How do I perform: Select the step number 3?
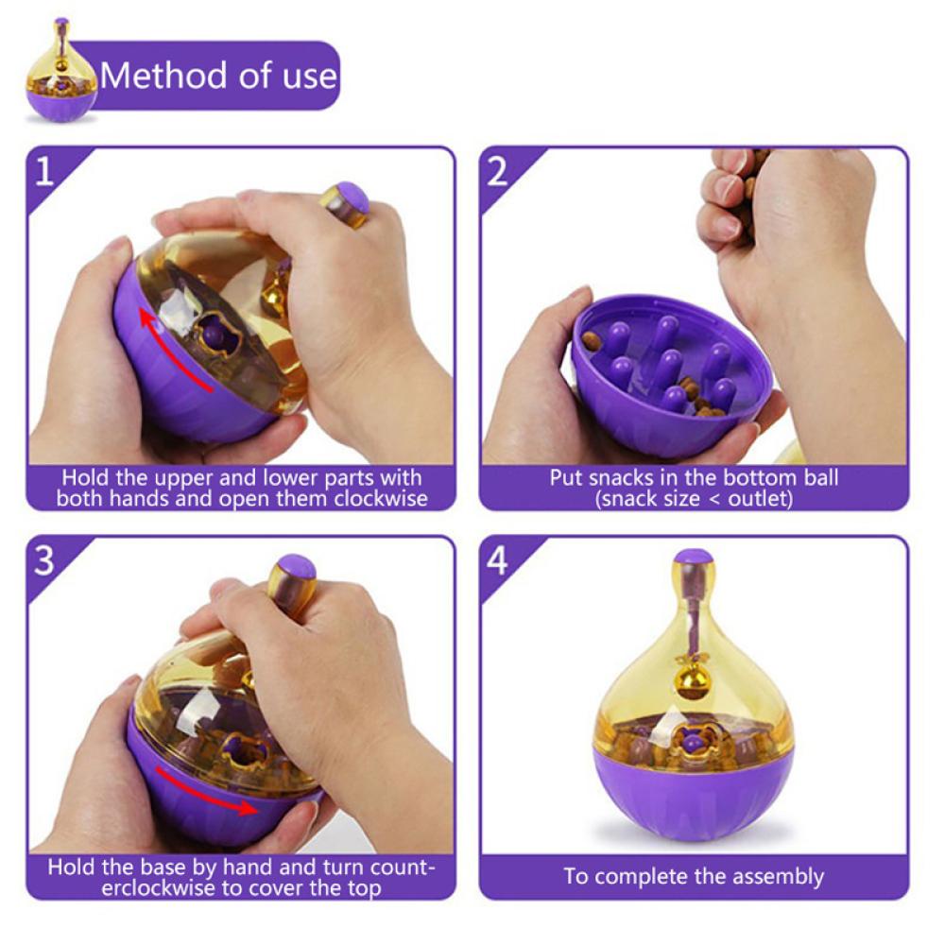pos(44,561)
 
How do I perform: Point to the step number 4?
pos(497,561)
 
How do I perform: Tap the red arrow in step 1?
pos(172,350)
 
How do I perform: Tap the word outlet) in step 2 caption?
pos(761,499)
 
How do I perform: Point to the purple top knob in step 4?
pos(693,559)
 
